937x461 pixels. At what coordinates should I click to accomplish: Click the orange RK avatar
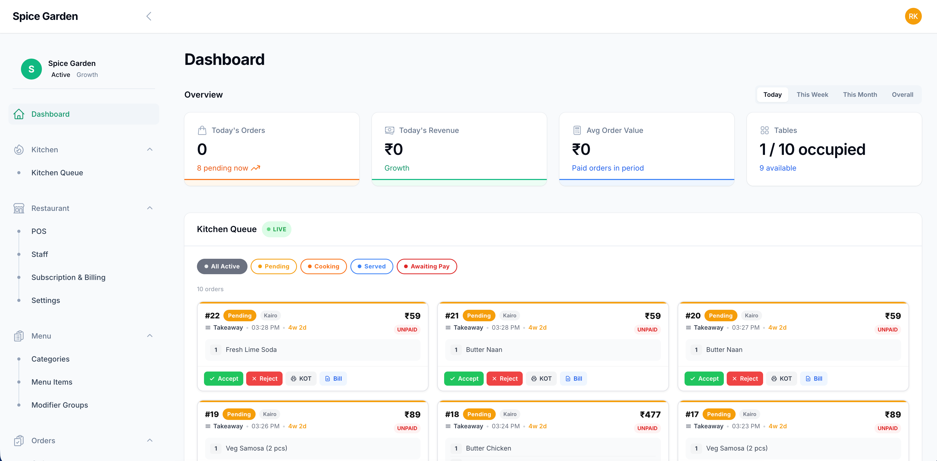tap(913, 16)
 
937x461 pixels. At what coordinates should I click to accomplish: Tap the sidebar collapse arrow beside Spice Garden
tap(149, 16)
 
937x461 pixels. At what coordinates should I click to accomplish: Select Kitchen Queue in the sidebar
tap(57, 173)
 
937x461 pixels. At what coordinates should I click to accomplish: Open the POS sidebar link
tap(39, 231)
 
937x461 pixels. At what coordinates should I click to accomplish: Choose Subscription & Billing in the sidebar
tap(68, 277)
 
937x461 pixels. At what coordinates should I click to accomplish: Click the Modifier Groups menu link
tap(60, 405)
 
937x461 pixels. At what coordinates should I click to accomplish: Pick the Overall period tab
tap(902, 94)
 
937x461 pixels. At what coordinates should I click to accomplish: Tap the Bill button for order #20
tap(814, 379)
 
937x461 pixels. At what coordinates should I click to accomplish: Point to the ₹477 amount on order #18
tap(650, 414)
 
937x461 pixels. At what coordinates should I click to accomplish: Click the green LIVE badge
tap(277, 229)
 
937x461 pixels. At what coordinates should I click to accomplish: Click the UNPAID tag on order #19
tap(407, 428)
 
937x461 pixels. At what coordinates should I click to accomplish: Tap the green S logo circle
tap(31, 69)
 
